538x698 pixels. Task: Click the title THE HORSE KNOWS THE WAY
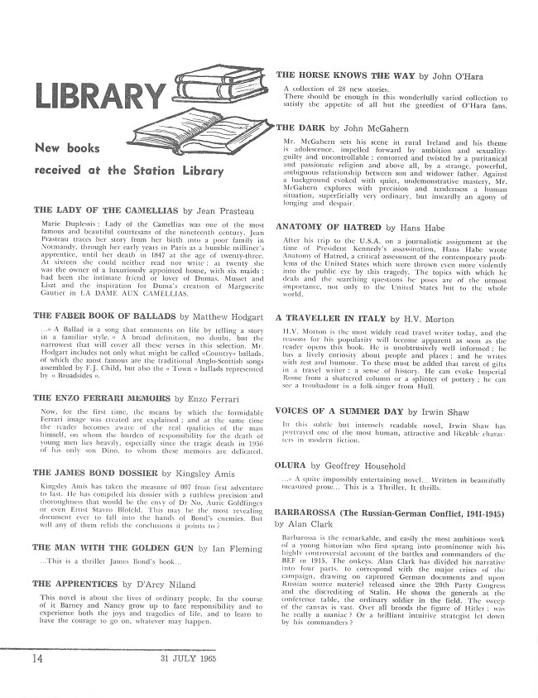[345, 75]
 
